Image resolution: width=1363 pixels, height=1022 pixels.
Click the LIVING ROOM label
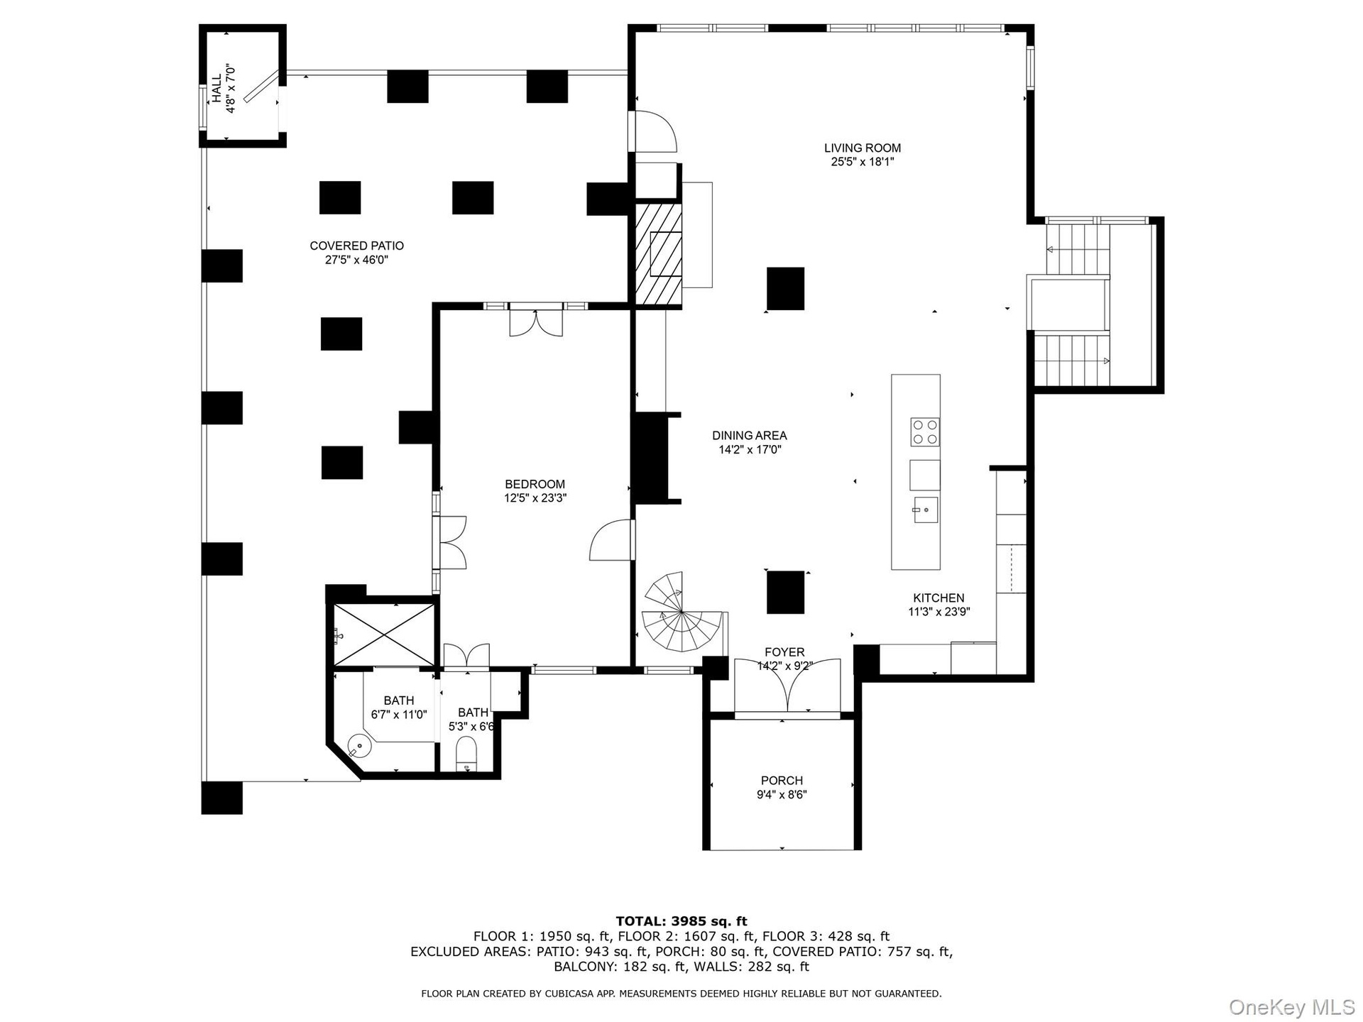(x=862, y=148)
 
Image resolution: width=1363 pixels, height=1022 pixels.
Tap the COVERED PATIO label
(x=356, y=246)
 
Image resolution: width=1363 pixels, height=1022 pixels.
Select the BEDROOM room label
(x=535, y=485)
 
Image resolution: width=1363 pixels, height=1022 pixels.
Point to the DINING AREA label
(x=749, y=435)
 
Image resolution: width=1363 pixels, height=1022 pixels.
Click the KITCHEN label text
(x=938, y=598)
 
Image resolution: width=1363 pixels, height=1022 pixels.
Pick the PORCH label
(x=782, y=781)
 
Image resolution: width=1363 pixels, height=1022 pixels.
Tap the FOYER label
(x=784, y=652)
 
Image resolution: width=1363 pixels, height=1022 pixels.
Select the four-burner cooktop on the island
(x=925, y=432)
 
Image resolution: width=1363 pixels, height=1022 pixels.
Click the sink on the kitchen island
(x=925, y=510)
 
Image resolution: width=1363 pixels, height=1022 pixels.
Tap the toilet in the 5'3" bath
(x=466, y=752)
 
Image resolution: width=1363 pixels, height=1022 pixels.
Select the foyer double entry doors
(x=787, y=687)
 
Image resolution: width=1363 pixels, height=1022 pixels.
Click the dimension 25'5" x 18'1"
(x=862, y=162)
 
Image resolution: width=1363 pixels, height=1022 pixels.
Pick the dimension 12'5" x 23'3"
(x=535, y=498)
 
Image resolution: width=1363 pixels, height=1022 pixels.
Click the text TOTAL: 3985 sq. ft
(x=681, y=921)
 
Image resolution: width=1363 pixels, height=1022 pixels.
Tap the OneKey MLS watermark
(x=1291, y=1006)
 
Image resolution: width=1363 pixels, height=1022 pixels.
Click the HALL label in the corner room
(x=217, y=88)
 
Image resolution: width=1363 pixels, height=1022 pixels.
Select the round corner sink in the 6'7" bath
(x=361, y=747)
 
